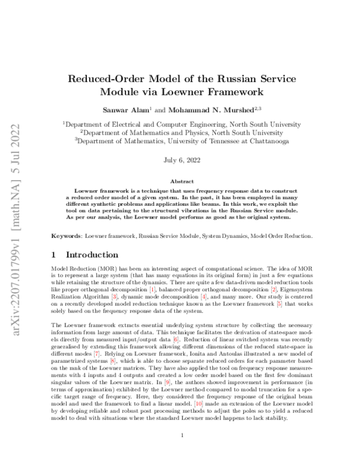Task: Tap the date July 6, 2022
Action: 182,161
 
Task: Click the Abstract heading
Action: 182,181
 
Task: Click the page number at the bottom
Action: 182,452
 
